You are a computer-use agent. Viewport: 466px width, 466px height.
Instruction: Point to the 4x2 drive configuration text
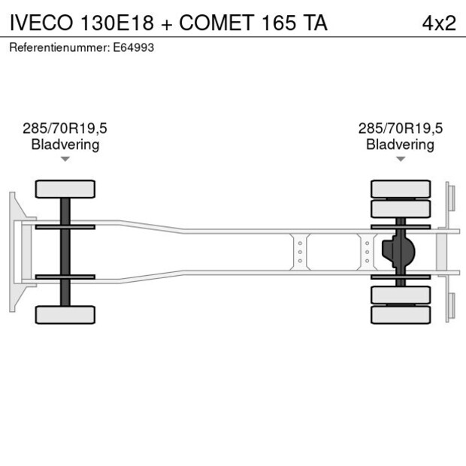439,23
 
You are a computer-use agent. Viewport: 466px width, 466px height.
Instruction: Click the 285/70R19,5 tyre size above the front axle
65,129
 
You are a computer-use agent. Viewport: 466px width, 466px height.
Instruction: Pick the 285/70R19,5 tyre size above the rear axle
401,129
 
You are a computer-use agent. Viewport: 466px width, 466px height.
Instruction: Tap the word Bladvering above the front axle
65,144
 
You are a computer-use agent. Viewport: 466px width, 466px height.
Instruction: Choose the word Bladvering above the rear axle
401,144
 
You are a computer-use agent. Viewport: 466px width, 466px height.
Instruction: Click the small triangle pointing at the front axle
65,159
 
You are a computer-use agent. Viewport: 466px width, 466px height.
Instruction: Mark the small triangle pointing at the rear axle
401,159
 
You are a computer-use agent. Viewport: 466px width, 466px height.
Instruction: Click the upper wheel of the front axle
65,189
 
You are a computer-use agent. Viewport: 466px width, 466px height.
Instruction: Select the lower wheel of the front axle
65,314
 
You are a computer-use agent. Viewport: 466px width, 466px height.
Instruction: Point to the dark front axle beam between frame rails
65,252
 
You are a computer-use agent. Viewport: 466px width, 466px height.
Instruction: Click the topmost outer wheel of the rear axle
401,189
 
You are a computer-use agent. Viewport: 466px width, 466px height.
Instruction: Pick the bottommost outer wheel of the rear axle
401,314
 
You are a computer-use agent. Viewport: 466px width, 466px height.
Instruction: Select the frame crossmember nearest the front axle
300,252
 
